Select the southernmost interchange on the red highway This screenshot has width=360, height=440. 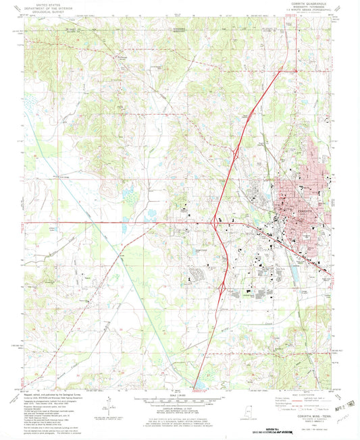pos(222,288)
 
